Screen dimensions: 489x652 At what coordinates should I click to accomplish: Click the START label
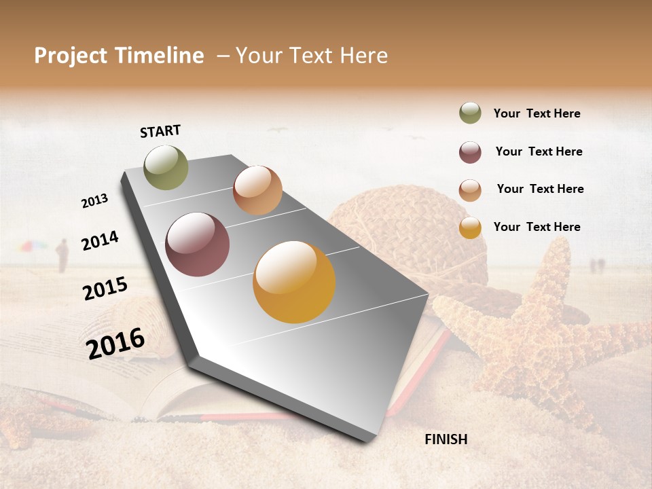(160, 131)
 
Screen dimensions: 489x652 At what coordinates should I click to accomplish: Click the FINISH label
(446, 439)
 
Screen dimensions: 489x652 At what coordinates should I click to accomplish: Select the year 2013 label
(94, 201)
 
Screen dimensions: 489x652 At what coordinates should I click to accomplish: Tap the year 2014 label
(100, 241)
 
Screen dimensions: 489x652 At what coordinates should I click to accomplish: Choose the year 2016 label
(115, 343)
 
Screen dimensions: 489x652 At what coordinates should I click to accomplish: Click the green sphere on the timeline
(166, 167)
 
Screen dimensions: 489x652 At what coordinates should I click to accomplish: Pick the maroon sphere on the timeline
(198, 244)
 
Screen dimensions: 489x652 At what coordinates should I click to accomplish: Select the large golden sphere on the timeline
(294, 282)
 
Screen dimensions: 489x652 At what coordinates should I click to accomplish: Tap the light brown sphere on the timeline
(257, 190)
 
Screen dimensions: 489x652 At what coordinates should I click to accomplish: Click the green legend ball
(470, 113)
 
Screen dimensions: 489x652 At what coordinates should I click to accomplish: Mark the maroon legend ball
(470, 152)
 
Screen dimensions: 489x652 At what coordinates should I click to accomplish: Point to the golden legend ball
(470, 228)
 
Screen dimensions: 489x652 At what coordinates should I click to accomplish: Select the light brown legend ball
(470, 190)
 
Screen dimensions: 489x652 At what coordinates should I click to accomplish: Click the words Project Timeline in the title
(119, 56)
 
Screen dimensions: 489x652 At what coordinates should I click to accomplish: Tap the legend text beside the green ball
(537, 113)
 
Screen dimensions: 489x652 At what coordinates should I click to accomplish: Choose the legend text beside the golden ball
(537, 227)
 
